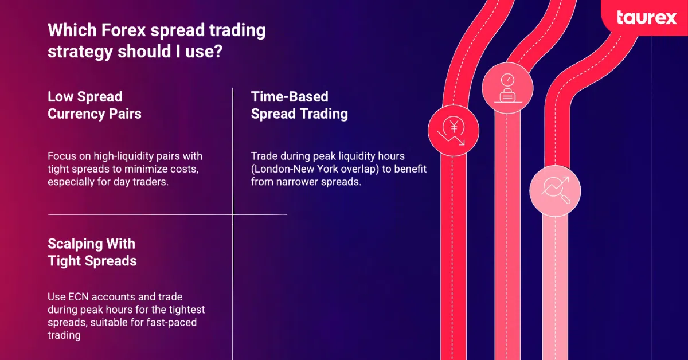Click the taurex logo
coord(647,18)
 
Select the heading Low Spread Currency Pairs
coord(94,105)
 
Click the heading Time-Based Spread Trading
coord(299,105)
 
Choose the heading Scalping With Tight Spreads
coord(92,252)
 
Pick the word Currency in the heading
coord(76,114)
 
